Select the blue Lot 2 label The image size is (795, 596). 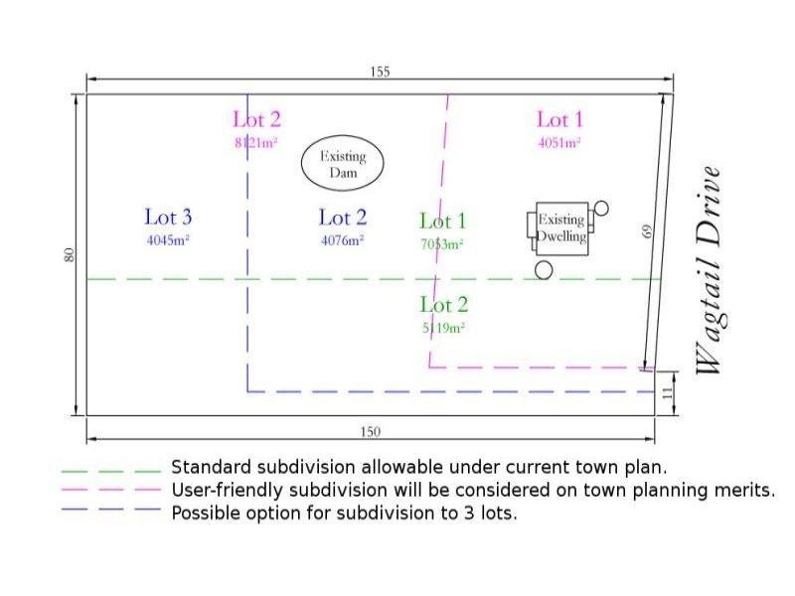(343, 217)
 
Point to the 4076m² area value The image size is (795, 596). (342, 239)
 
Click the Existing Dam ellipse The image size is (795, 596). (343, 164)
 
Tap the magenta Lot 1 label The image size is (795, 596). (559, 120)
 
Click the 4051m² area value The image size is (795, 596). (558, 143)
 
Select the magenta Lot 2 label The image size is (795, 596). (256, 120)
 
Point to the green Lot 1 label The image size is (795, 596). (442, 222)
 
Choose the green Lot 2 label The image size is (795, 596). (443, 305)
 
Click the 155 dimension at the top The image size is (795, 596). (380, 72)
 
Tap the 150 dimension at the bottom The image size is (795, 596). (370, 432)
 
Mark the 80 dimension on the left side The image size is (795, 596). (69, 255)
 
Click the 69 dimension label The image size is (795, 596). (647, 231)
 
